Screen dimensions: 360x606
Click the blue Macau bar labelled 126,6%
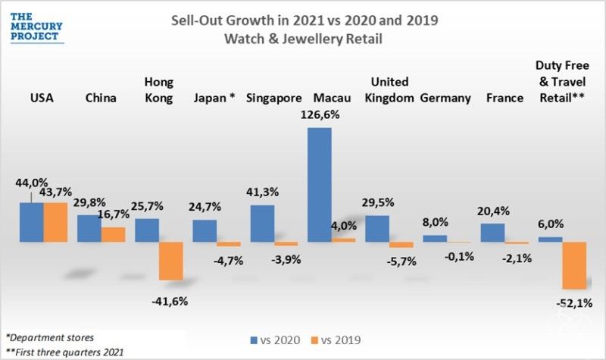pyautogui.click(x=319, y=184)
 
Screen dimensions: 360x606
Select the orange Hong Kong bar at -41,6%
pyautogui.click(x=170, y=261)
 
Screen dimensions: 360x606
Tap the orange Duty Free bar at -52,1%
pyautogui.click(x=573, y=265)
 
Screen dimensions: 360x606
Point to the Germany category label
pyautogui.click(x=445, y=98)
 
